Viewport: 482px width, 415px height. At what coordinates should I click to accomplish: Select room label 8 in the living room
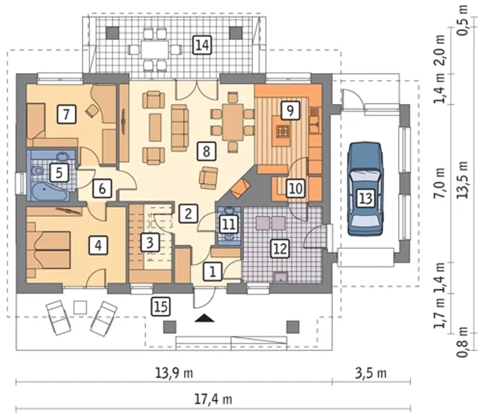pos(206,152)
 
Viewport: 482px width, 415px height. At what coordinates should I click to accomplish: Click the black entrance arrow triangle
pos(204,318)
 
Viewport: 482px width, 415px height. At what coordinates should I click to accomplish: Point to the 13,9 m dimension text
pos(174,374)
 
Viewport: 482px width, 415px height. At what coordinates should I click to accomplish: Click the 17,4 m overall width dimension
pos(213,399)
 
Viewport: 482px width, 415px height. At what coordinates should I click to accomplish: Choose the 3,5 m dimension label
pos(371,373)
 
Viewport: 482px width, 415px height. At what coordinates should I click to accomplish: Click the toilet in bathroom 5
pos(38,171)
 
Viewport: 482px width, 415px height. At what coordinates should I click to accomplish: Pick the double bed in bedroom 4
pos(49,250)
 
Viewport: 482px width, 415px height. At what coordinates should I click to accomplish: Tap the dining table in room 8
pos(232,122)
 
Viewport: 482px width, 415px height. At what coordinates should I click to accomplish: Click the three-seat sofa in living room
pos(180,128)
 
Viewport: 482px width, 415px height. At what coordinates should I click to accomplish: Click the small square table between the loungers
pos(80,307)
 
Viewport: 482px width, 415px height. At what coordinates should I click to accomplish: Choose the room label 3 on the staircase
pos(150,242)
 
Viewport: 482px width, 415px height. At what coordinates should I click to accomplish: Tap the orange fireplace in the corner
pos(240,188)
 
